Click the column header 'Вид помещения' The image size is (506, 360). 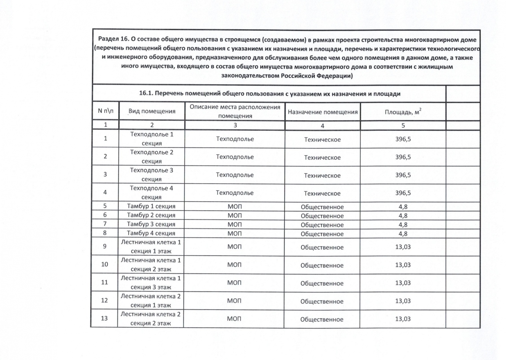click(x=152, y=111)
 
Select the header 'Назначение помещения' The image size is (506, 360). click(x=322, y=112)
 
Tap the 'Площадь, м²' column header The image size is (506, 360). click(x=403, y=112)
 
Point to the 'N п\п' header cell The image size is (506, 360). click(x=105, y=111)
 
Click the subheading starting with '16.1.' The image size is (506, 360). click(x=269, y=94)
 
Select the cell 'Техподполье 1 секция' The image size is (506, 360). click(x=152, y=139)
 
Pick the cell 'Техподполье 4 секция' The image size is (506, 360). click(x=151, y=193)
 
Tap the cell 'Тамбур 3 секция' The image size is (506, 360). click(x=151, y=224)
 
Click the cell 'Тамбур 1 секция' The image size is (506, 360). click(x=151, y=206)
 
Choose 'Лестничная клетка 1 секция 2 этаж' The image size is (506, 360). click(x=151, y=265)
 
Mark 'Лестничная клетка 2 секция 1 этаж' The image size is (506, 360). click(x=150, y=301)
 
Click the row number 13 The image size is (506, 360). click(x=104, y=318)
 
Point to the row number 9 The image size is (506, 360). click(x=105, y=246)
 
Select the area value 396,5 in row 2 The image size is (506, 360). click(x=403, y=157)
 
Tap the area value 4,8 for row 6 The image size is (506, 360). click(x=403, y=216)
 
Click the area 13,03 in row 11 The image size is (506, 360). click(x=403, y=283)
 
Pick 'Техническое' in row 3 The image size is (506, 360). click(x=322, y=176)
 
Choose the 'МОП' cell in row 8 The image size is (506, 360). click(x=234, y=234)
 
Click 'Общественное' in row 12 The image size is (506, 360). click(x=322, y=301)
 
